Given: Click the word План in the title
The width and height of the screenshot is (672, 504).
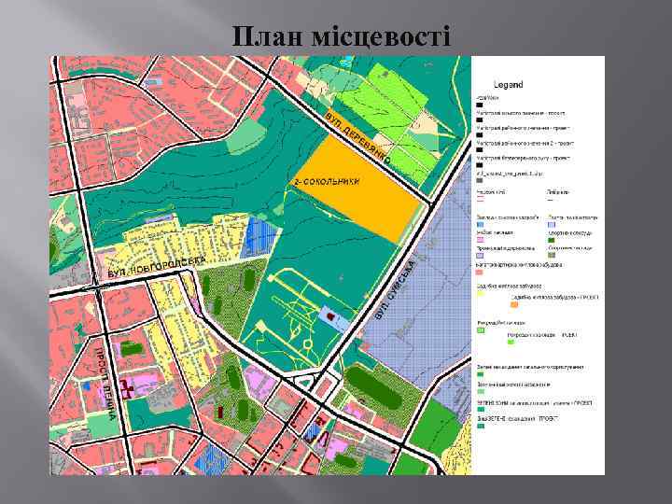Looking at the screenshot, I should tap(265, 36).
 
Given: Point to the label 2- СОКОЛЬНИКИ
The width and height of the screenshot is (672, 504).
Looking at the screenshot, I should tap(327, 181).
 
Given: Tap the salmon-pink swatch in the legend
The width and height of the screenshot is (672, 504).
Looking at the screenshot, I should tap(480, 272).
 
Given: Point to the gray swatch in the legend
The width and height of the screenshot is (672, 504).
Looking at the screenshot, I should tap(480, 255).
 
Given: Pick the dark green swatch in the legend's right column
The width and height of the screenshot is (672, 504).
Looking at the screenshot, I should tap(552, 240).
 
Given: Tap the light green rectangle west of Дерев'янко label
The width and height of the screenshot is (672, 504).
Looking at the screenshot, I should tap(246, 136).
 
